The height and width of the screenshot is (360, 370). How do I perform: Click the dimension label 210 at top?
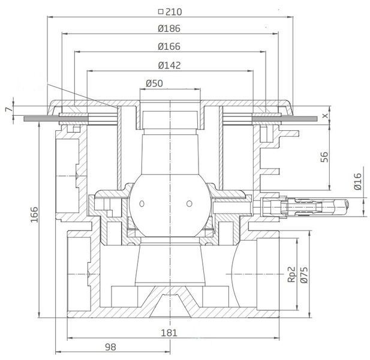174,11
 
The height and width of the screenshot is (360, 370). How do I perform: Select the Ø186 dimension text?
169,29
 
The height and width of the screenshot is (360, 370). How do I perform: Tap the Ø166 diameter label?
169,47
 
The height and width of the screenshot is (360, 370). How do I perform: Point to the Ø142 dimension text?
170,65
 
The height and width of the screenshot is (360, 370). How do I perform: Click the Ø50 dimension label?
154,83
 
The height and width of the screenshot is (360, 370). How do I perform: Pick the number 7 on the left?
8,109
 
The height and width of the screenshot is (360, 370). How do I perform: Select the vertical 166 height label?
34,215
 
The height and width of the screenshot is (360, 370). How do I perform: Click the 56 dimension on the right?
324,157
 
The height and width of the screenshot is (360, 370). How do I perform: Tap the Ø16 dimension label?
358,182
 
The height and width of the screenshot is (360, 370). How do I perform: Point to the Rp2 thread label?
292,274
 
